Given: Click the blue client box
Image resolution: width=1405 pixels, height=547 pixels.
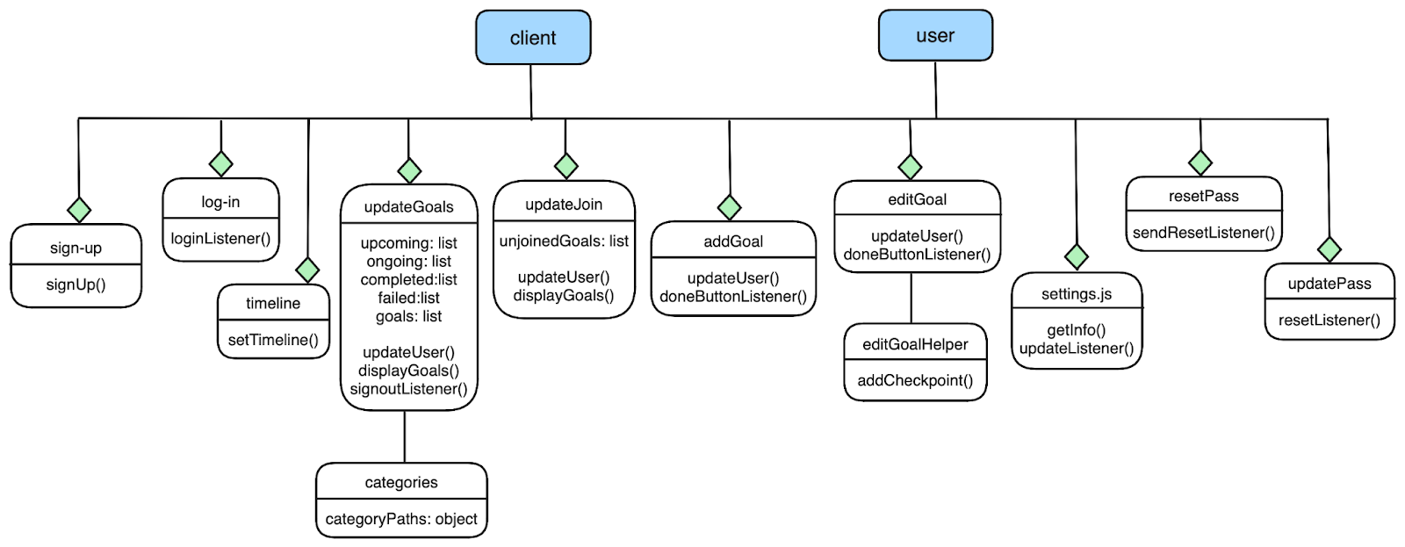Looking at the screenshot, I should pyautogui.click(x=533, y=38).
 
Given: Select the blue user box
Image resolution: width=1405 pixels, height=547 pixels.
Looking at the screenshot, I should pyautogui.click(x=935, y=36).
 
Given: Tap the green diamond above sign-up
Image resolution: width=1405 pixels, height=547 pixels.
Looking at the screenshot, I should pyautogui.click(x=79, y=210).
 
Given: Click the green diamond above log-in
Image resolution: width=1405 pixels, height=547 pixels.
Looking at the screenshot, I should pyautogui.click(x=221, y=163).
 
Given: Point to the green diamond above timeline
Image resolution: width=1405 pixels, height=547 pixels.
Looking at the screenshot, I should pyautogui.click(x=307, y=270).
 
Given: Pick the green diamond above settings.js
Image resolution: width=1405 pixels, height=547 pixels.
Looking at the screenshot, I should pyautogui.click(x=1077, y=256).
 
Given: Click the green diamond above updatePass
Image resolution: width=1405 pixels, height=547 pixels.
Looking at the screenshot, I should pyautogui.click(x=1329, y=249).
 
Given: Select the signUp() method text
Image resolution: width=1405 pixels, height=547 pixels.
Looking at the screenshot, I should pyautogui.click(x=76, y=284).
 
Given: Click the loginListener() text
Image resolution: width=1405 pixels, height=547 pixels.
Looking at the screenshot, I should pyautogui.click(x=220, y=238).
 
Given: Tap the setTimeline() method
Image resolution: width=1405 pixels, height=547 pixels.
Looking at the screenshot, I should pyautogui.click(x=273, y=340).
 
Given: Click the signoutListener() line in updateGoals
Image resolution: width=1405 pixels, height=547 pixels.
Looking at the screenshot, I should pyautogui.click(x=408, y=389).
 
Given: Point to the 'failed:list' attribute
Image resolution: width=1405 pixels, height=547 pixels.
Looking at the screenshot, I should pyautogui.click(x=408, y=298).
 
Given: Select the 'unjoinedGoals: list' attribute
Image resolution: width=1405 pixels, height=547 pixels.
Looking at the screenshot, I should pyautogui.click(x=564, y=241).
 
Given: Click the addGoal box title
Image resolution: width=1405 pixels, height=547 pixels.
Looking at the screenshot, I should pyautogui.click(x=733, y=241).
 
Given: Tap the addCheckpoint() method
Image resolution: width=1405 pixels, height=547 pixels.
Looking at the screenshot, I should pyautogui.click(x=915, y=380).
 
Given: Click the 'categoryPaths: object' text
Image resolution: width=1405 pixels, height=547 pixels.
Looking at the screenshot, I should pyautogui.click(x=401, y=519).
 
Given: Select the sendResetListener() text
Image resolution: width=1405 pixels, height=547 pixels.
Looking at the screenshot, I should pyautogui.click(x=1203, y=233).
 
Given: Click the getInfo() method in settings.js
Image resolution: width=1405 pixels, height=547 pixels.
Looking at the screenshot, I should pyautogui.click(x=1077, y=330).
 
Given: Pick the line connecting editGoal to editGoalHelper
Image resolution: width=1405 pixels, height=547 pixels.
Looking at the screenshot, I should pyautogui.click(x=911, y=299).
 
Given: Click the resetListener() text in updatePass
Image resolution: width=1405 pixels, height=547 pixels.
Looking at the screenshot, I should pyautogui.click(x=1329, y=320).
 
